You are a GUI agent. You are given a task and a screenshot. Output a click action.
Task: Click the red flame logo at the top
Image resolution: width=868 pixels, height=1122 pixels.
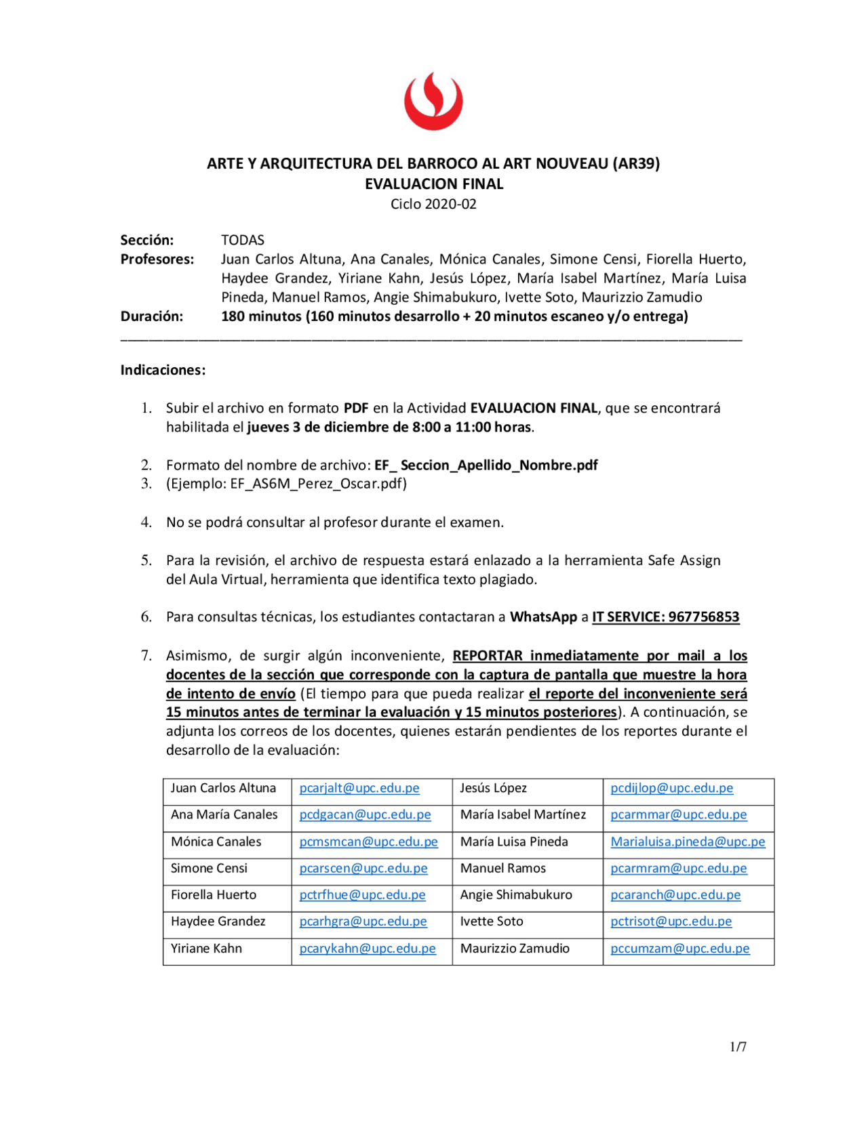tap(433, 102)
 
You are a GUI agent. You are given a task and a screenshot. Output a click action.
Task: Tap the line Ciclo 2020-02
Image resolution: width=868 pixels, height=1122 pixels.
tap(433, 204)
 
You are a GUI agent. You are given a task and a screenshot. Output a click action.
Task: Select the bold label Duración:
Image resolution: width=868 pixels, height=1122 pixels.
tap(152, 316)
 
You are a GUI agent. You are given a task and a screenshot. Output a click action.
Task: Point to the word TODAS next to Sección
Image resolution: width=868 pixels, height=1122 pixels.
tap(242, 240)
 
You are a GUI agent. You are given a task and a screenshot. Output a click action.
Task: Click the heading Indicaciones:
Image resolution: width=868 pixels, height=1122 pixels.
tap(163, 370)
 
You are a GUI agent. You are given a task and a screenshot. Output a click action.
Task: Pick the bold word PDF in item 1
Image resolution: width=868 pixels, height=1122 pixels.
tap(356, 408)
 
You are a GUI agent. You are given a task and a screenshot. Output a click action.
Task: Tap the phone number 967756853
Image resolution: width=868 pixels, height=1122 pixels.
tap(703, 617)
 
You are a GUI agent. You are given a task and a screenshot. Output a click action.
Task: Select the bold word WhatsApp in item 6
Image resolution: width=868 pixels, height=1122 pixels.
tap(543, 617)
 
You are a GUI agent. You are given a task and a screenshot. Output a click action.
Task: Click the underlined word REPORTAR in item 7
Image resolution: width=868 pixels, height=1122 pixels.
tap(488, 655)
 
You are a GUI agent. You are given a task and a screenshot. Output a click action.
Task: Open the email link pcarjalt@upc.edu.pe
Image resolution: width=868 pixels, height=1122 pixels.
tap(359, 788)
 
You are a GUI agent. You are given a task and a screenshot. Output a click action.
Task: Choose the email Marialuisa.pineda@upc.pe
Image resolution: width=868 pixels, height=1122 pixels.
tap(688, 841)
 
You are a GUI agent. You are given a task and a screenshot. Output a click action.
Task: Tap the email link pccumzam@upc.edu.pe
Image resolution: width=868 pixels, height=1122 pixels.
tap(680, 949)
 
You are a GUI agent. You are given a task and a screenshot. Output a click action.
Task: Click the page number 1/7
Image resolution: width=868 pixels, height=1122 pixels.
tap(738, 1047)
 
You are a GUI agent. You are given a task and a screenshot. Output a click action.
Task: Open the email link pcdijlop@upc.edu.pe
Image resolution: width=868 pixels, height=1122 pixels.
tap(671, 788)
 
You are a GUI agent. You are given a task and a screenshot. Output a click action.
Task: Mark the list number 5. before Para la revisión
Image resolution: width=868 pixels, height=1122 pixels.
tap(146, 560)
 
